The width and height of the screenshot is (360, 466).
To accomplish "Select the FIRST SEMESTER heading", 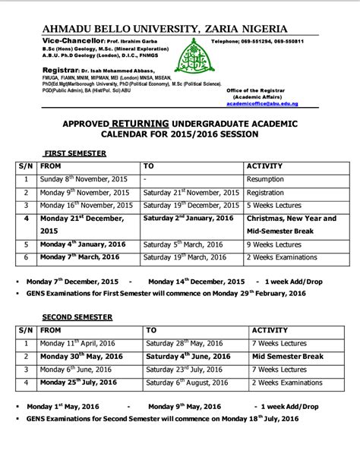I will click(x=74, y=153).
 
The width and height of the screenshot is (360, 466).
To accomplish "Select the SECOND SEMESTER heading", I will click(x=77, y=316).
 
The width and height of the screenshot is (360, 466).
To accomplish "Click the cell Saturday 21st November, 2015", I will click(x=191, y=192).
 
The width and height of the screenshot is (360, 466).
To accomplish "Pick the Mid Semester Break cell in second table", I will click(x=289, y=356).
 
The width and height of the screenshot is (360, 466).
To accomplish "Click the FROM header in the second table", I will click(x=52, y=330).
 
